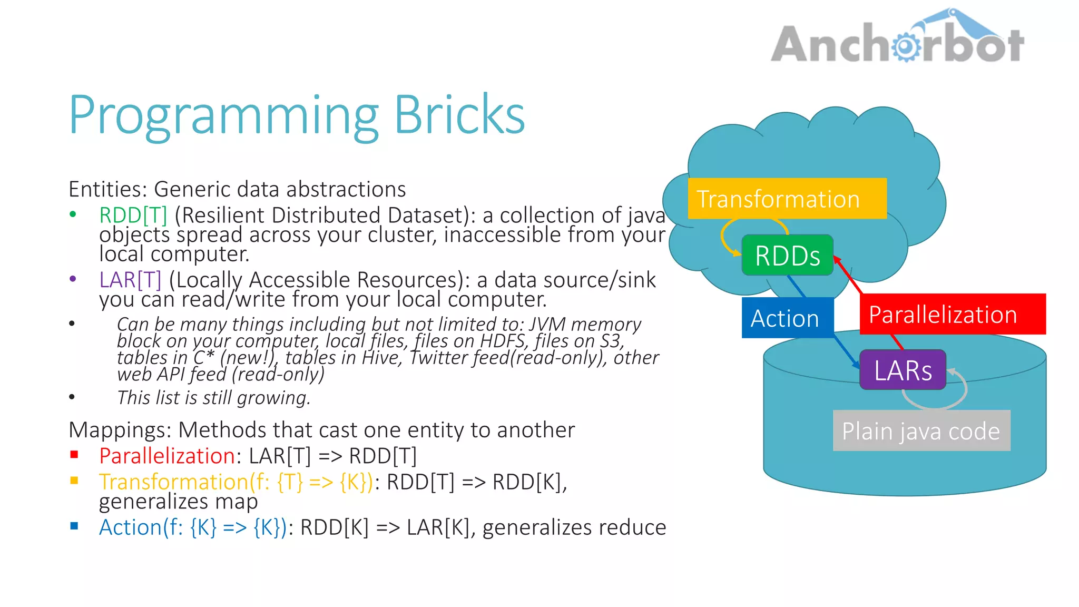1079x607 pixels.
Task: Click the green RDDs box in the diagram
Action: point(787,256)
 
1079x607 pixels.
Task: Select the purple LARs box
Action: point(903,370)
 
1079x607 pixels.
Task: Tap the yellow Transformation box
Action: point(787,199)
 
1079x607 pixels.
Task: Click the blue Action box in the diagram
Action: point(787,318)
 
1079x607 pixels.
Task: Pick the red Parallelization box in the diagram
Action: point(952,314)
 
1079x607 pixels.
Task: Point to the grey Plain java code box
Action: point(921,430)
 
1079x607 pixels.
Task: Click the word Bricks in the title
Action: point(459,115)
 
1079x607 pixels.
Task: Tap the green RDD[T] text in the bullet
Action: point(133,215)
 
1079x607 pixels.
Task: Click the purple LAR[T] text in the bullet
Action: point(130,280)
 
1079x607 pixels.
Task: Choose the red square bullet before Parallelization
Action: point(74,454)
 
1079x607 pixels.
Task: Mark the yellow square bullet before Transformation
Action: point(74,480)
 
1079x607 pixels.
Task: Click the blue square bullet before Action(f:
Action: point(74,526)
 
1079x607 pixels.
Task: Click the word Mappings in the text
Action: point(120,430)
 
